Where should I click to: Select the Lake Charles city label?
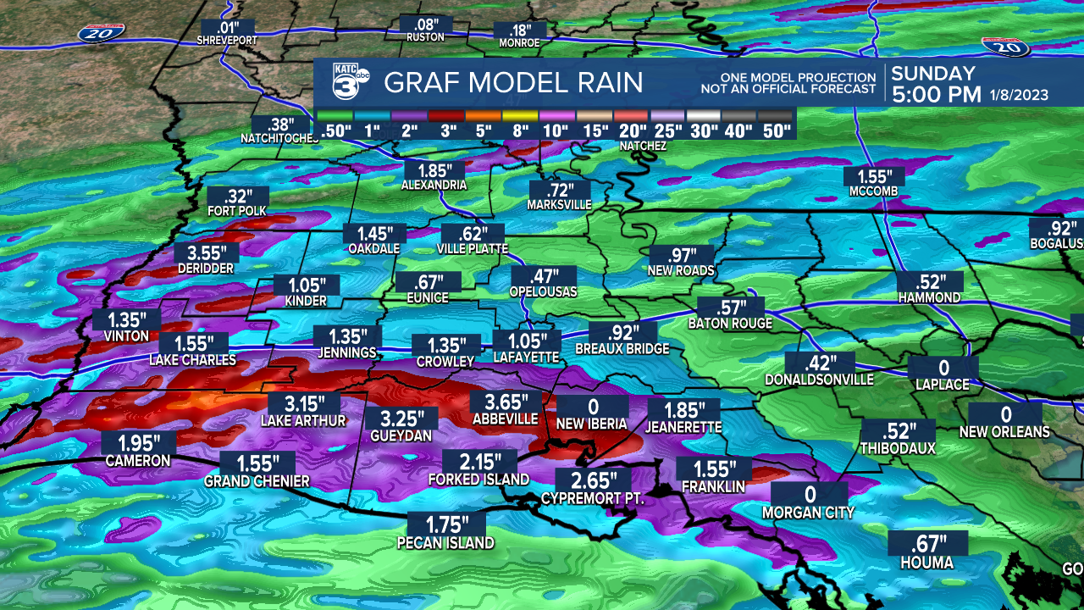point(192,360)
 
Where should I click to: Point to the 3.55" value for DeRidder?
point(208,252)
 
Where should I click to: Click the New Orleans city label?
point(1004,432)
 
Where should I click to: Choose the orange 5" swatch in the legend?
point(484,114)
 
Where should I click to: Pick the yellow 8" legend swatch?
point(520,114)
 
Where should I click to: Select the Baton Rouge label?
point(730,324)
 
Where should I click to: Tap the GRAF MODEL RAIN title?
point(513,83)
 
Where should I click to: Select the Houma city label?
point(926,563)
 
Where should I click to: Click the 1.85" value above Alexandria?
point(434,169)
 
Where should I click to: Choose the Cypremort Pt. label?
point(593,499)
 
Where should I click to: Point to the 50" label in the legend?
point(776,130)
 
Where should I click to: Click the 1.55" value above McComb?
point(874,177)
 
